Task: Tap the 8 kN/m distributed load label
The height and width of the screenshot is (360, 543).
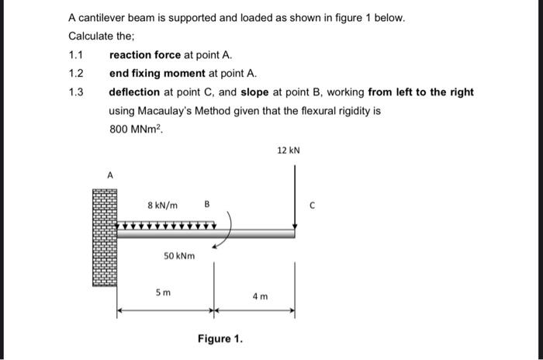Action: click(162, 206)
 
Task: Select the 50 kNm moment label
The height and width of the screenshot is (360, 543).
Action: click(179, 255)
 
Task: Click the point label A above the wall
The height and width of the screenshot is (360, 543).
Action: click(109, 176)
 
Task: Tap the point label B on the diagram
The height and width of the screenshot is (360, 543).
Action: click(207, 206)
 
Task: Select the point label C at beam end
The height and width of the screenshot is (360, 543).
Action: click(312, 206)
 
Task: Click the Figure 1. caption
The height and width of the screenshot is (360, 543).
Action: click(220, 339)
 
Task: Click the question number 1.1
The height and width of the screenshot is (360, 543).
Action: click(76, 55)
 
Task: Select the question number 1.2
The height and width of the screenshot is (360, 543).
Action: click(76, 74)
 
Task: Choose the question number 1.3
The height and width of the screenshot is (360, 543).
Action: click(76, 92)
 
